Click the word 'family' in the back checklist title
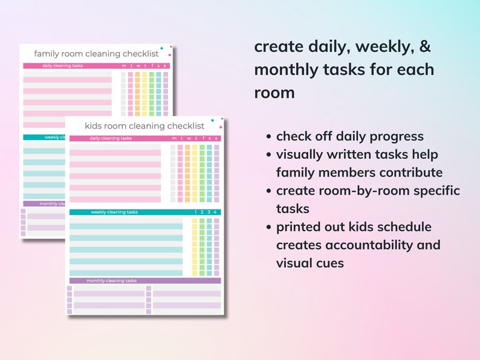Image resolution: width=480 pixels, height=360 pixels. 46,54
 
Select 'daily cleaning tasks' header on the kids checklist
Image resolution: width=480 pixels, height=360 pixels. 111,138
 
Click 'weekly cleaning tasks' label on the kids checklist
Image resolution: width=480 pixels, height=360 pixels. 114,212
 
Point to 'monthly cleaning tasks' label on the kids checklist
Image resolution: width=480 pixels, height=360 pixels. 111,281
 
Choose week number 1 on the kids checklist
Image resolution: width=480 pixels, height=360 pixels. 195,212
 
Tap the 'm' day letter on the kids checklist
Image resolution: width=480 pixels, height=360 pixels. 173,138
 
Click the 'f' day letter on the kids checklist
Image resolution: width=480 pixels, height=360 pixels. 202,138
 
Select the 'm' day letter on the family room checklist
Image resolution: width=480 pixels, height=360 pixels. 124,66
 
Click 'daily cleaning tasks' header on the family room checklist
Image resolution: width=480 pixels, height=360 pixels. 62,66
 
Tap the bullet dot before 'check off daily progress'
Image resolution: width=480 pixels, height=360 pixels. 269,137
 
